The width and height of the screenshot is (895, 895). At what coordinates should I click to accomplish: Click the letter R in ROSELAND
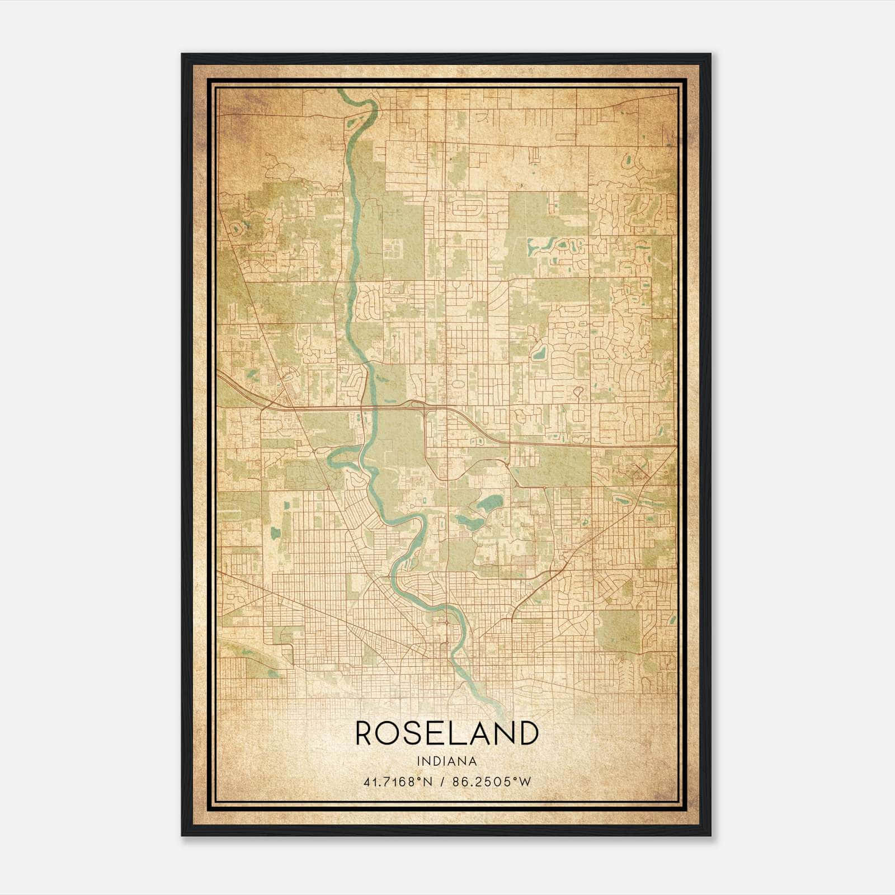[x=367, y=734]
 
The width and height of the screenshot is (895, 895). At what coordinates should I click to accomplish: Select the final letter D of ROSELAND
[x=527, y=734]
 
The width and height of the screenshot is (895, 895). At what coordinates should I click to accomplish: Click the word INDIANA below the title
[x=446, y=761]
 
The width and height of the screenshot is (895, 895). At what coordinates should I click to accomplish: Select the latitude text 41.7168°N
[x=397, y=782]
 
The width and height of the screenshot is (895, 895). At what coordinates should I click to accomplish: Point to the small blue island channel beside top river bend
[x=354, y=120]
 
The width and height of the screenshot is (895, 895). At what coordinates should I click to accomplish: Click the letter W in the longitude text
[x=524, y=782]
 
